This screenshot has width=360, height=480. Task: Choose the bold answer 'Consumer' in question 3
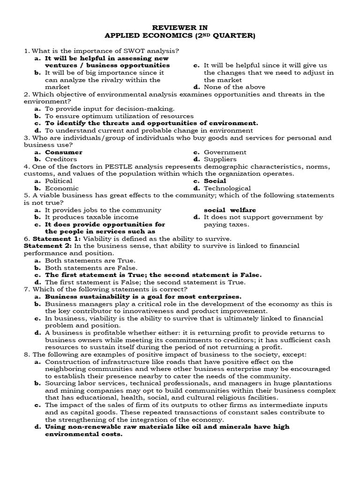pos(63,152)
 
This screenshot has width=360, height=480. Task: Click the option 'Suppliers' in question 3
pos(220,159)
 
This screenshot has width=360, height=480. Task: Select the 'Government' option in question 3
pos(225,152)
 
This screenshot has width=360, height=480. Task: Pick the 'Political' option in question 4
pos(59,181)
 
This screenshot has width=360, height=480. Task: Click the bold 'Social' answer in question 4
pos(215,181)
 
